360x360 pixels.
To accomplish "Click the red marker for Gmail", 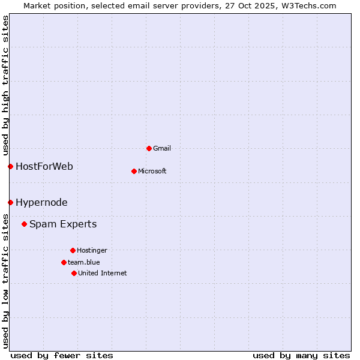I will pyautogui.click(x=149, y=148).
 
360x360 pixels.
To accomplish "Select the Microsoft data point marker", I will pyautogui.click(x=134, y=171).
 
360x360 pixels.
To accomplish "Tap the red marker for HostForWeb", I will pyautogui.click(x=10, y=166).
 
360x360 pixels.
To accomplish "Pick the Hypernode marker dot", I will pyautogui.click(x=10, y=202).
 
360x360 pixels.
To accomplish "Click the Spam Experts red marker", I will pyautogui.click(x=24, y=224).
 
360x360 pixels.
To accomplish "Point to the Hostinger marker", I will pyautogui.click(x=73, y=250).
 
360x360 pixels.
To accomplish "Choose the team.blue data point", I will pyautogui.click(x=64, y=262).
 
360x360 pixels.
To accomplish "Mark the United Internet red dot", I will pyautogui.click(x=74, y=273).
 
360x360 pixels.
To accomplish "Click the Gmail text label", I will pyautogui.click(x=162, y=148).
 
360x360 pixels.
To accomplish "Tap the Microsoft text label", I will pyautogui.click(x=152, y=171).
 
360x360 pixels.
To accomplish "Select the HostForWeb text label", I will pyautogui.click(x=44, y=166).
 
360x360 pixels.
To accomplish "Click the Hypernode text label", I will pyautogui.click(x=41, y=202).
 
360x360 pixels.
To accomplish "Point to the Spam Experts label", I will pyautogui.click(x=63, y=224).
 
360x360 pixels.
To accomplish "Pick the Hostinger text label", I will pyautogui.click(x=92, y=250).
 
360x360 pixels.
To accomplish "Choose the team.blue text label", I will pyautogui.click(x=84, y=262).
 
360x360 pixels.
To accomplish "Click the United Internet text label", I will pyautogui.click(x=103, y=273).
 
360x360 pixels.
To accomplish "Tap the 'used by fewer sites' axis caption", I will pyautogui.click(x=62, y=355).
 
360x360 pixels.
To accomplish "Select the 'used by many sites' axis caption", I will pyautogui.click(x=301, y=355).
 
